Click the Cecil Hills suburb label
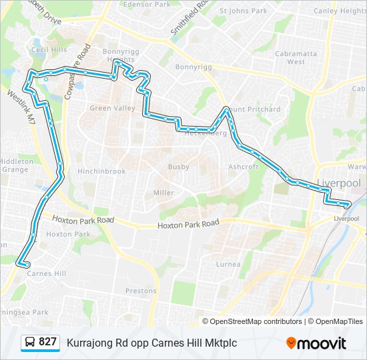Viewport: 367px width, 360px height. tap(49, 50)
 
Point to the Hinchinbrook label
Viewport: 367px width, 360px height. tap(101, 171)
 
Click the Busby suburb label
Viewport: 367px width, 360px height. tap(179, 167)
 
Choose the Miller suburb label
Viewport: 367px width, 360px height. tap(163, 193)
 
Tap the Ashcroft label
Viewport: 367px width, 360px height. tap(243, 167)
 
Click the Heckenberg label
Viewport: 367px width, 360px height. tap(206, 133)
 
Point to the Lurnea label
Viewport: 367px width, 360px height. tap(228, 264)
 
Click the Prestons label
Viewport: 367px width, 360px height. tap(141, 291)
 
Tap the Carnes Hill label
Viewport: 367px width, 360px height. tap(47, 273)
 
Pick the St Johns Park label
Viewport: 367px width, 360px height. tap(243, 11)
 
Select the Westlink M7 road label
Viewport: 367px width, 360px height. tap(21, 105)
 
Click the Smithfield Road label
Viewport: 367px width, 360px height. tap(189, 18)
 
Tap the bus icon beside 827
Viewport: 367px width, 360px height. tap(31, 343)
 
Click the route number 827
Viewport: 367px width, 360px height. tap(48, 342)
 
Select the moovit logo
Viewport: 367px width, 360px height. tap(316, 343)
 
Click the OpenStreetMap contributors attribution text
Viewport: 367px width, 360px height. tap(256, 321)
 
